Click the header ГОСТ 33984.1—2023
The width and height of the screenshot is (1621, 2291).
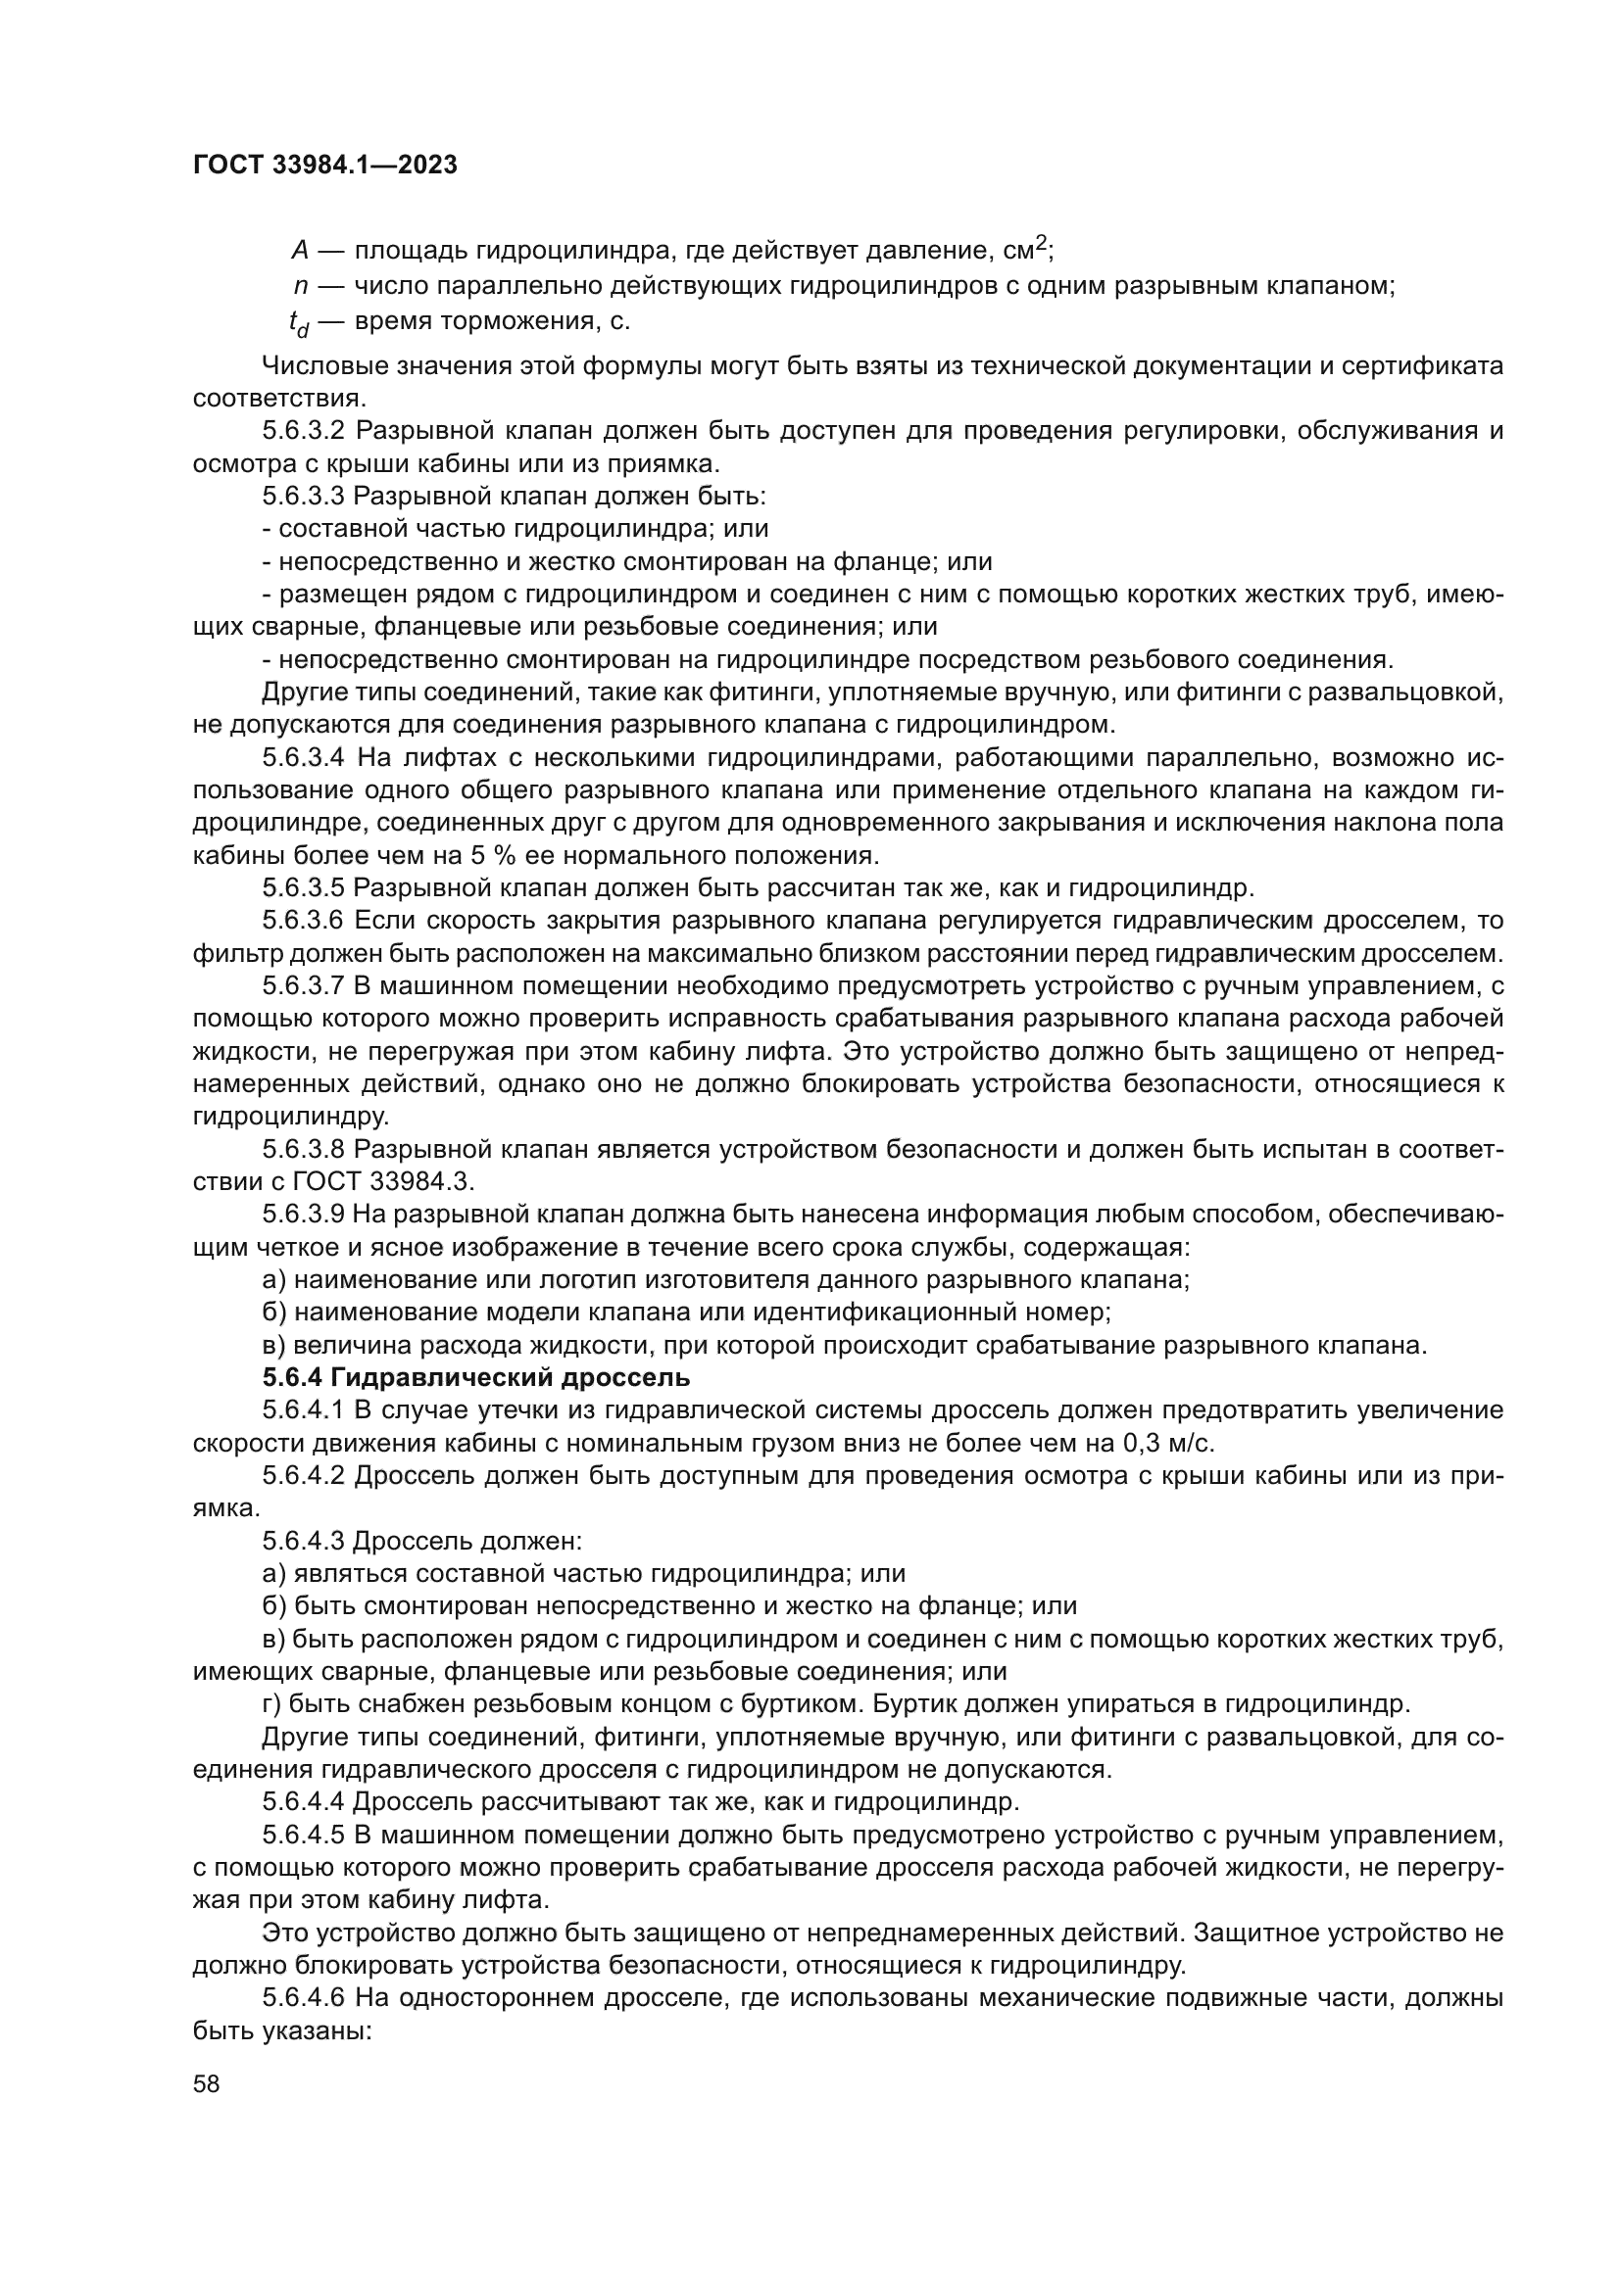click(324, 166)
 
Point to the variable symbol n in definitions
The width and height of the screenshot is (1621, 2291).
click(301, 286)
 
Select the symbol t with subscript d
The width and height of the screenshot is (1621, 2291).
click(299, 323)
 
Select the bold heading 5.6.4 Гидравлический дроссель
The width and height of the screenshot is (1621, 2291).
click(476, 1378)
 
